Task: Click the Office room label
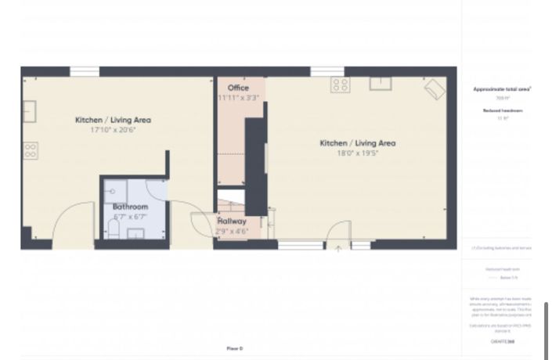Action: coord(238,88)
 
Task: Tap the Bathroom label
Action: coord(129,207)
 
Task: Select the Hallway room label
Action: coord(232,221)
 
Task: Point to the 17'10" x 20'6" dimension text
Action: coord(113,130)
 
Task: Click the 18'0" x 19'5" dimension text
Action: coord(357,153)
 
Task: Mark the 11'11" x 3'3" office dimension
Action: coord(238,98)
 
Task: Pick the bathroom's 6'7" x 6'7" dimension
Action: coord(129,216)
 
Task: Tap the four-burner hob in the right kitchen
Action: coord(340,84)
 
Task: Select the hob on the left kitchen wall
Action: coord(30,149)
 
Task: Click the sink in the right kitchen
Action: coord(381,84)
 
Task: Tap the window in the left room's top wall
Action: coord(84,72)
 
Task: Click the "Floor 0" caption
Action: coord(235,347)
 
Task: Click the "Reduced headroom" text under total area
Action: coord(502,111)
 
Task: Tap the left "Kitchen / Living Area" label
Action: coord(113,120)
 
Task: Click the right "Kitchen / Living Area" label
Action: coord(357,143)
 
